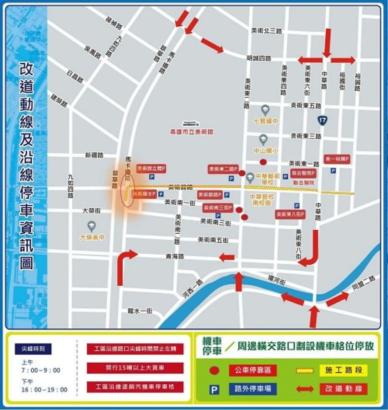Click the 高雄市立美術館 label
192,131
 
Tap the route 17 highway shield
322,119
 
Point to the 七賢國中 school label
263,120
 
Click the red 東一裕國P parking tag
337,159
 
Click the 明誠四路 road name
259,58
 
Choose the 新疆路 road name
94,155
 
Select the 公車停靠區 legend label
253,370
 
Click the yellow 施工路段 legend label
349,370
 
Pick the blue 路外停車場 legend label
253,388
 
